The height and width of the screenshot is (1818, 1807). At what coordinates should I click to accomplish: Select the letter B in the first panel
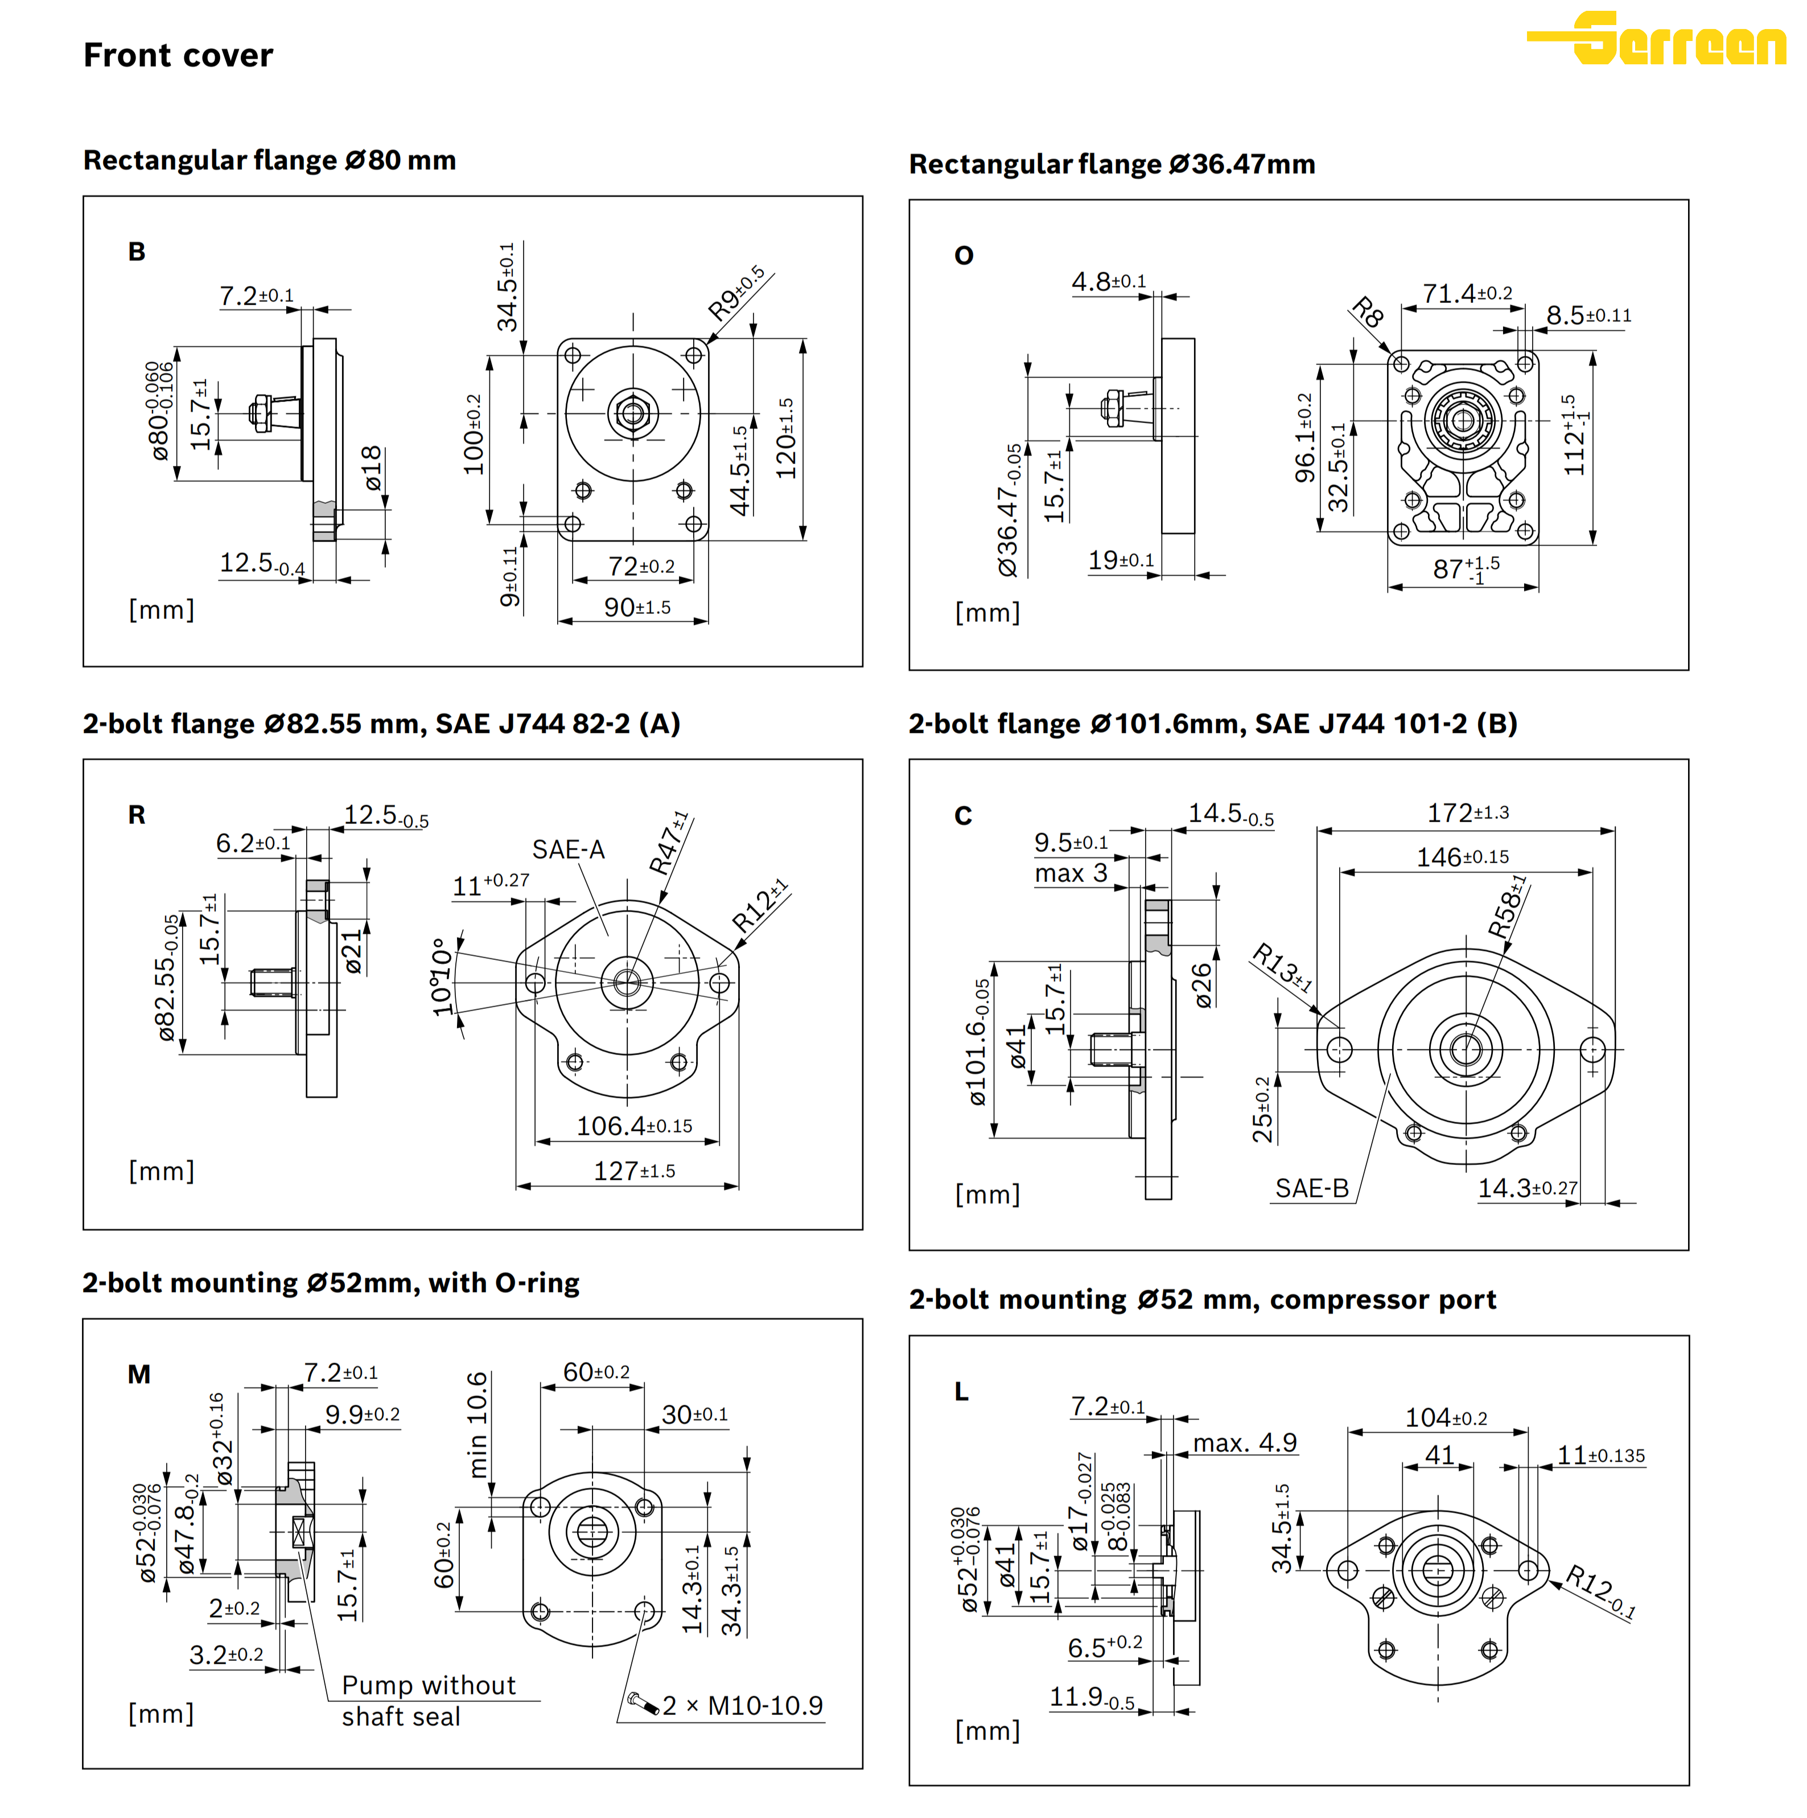click(x=137, y=252)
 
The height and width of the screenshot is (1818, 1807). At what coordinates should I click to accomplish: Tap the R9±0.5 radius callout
click(x=735, y=294)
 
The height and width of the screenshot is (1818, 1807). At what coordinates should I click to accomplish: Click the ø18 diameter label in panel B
click(x=373, y=467)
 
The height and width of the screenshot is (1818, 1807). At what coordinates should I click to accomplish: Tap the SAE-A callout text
click(x=568, y=850)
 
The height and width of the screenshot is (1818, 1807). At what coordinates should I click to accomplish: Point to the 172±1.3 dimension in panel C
click(x=1467, y=813)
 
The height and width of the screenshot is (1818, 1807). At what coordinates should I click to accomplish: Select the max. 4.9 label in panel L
click(x=1245, y=1443)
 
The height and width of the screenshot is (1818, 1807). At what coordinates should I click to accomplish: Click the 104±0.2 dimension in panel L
click(x=1446, y=1418)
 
